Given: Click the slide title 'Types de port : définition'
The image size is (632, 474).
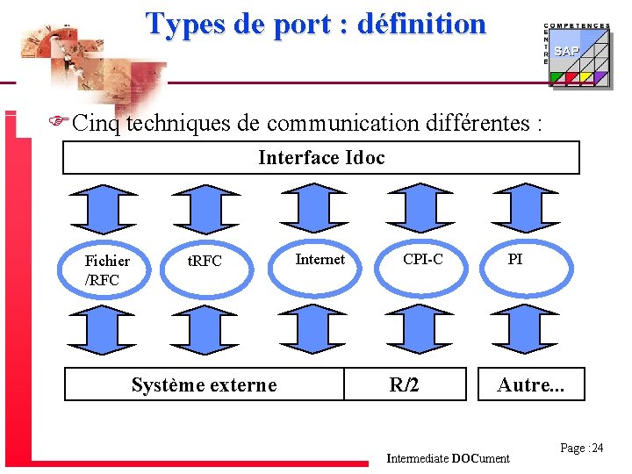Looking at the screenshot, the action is (x=315, y=24).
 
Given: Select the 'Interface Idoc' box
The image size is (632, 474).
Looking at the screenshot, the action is (x=321, y=158).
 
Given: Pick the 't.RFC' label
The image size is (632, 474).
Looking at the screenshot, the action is (x=205, y=261).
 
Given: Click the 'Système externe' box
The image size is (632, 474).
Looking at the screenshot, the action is (x=204, y=384).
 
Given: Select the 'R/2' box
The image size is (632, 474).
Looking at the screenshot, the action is (x=404, y=384).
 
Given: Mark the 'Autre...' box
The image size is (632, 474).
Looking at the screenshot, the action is (x=530, y=384).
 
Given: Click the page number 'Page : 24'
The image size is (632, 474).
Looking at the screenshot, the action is (x=582, y=449).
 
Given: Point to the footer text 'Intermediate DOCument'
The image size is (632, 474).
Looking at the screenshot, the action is (x=448, y=458).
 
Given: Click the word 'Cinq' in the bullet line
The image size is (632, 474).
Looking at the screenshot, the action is (x=97, y=124).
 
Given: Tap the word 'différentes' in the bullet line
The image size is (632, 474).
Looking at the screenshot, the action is (x=475, y=124).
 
